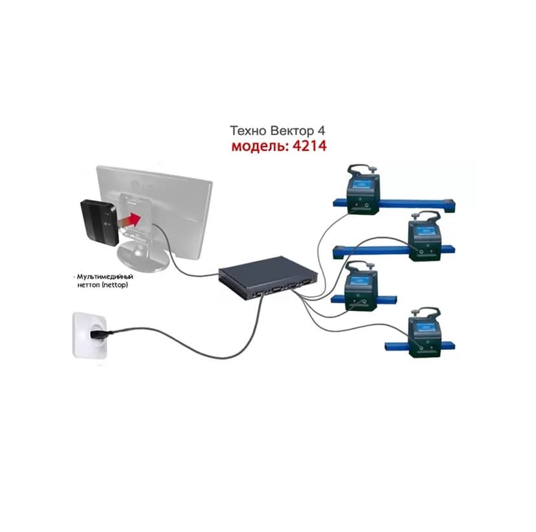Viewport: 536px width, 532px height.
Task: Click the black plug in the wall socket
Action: click(100, 335)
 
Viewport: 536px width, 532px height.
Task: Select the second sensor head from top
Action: click(425, 236)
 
